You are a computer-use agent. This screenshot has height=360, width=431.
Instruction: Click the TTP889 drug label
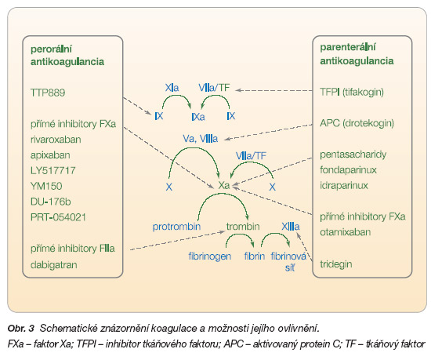point(48,93)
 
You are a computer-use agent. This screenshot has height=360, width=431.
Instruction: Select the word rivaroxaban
point(56,140)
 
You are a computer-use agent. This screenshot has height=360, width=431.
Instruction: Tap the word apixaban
point(50,155)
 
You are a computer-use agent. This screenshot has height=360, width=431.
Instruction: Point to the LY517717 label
point(53,170)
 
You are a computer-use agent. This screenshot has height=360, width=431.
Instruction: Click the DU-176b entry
point(51,202)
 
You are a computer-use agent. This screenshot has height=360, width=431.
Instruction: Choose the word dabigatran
point(54,265)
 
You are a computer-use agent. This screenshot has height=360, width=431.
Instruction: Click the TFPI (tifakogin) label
point(352,92)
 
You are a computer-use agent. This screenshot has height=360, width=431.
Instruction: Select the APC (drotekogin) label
point(357,123)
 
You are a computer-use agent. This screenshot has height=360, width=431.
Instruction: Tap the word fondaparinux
point(348,170)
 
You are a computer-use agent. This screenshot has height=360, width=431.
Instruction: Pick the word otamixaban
point(346,232)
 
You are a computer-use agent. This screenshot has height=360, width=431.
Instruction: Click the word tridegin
point(336,264)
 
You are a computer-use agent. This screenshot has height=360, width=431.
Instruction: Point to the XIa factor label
point(172,88)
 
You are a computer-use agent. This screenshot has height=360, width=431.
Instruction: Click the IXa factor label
point(198,117)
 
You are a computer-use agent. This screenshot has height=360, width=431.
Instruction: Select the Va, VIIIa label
point(201,139)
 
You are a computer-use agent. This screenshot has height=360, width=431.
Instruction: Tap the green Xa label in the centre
point(224,185)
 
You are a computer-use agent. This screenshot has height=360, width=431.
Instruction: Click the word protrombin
point(177,227)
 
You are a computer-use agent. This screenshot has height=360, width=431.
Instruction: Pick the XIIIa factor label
point(291,227)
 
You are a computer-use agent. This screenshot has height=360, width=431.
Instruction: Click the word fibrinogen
point(210,256)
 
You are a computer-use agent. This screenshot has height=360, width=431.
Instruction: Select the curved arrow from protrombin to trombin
point(223,194)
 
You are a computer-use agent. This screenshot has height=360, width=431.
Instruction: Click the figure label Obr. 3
point(21,329)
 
